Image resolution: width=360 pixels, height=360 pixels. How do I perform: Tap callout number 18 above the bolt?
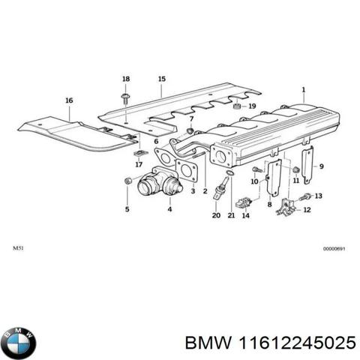(x=126, y=79)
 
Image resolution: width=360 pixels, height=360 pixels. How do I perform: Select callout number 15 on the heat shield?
(x=161, y=79)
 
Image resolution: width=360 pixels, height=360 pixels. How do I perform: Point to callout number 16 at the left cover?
(x=69, y=100)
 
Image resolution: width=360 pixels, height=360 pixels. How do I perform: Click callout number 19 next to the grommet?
(x=252, y=106)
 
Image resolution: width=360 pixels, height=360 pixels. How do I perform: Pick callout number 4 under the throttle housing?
(x=169, y=209)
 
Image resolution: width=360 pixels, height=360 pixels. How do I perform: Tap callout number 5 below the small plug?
(x=127, y=209)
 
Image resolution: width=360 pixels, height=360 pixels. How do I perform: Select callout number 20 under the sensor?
(x=216, y=216)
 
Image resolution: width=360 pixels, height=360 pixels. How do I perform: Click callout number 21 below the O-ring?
(x=232, y=216)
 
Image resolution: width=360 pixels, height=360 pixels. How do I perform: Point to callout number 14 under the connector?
(x=247, y=216)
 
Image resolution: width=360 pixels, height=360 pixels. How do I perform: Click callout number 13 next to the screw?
(x=318, y=196)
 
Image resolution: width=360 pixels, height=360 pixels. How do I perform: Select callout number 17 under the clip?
(x=139, y=164)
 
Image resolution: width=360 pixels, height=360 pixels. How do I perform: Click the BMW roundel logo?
(x=18, y=343)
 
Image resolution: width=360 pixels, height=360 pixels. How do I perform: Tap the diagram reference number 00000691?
(x=334, y=248)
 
